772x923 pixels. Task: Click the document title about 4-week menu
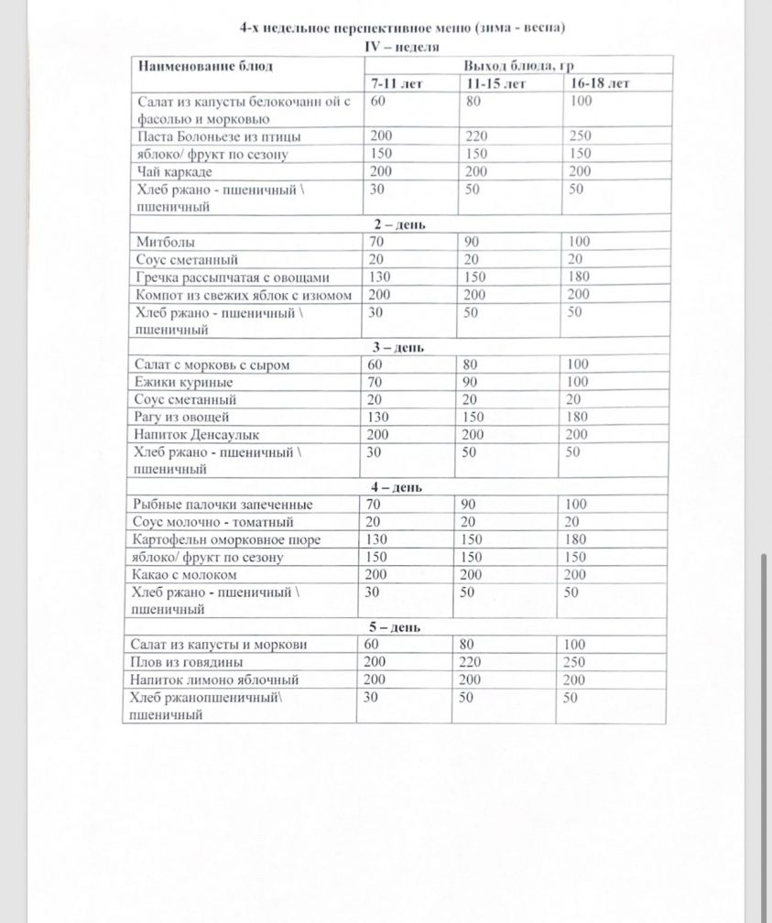(x=402, y=27)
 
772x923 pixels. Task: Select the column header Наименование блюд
(x=206, y=66)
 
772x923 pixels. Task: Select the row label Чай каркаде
(x=169, y=171)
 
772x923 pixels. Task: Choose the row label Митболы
(x=162, y=242)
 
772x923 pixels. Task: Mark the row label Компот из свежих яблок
(x=244, y=295)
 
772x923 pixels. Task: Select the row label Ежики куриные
(x=183, y=382)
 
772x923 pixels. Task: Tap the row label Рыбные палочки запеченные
(x=223, y=505)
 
